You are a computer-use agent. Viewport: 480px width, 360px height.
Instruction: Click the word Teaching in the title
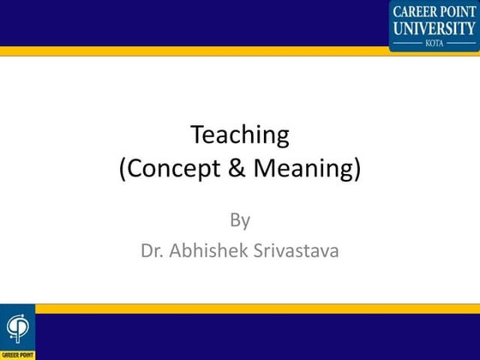pos(240,135)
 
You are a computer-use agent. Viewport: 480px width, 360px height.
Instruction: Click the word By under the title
pos(240,220)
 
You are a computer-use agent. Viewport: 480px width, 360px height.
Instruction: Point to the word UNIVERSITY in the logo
pos(435,27)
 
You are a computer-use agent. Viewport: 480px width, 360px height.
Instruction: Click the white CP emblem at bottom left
pos(17,327)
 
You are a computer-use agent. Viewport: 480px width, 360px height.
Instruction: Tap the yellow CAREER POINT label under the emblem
pos(17,353)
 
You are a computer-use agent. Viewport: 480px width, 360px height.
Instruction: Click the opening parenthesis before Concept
pos(123,169)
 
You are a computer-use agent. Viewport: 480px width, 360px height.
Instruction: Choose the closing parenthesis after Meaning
pos(357,169)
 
